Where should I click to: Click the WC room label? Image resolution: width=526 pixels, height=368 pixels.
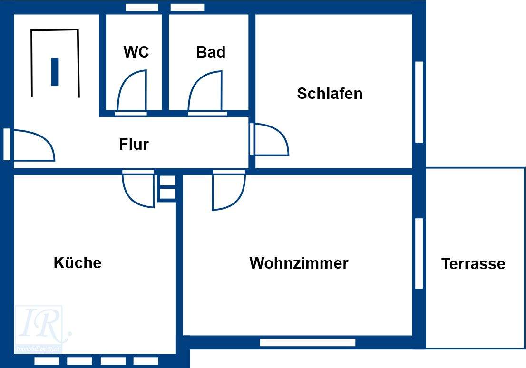click(136, 52)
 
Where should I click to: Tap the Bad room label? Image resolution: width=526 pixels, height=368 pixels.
click(211, 52)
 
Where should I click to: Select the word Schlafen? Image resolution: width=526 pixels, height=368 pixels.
click(330, 94)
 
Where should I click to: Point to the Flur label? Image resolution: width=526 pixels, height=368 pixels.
click(134, 144)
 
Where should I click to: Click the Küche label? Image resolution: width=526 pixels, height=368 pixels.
click(78, 263)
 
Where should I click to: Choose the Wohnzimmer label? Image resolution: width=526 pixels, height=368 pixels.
click(299, 263)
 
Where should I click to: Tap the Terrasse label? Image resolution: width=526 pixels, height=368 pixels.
click(473, 263)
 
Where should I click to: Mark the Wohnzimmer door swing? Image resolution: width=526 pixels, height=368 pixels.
click(229, 190)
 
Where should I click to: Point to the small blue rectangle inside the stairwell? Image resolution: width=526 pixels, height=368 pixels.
click(55, 72)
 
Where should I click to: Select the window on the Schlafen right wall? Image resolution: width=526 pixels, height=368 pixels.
click(419, 102)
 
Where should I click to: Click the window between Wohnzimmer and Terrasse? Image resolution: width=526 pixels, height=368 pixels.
click(419, 253)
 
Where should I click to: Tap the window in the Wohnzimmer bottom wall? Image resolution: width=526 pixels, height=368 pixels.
click(307, 342)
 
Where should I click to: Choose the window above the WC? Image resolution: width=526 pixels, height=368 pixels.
click(142, 8)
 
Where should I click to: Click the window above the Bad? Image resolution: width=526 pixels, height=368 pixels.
click(187, 8)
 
